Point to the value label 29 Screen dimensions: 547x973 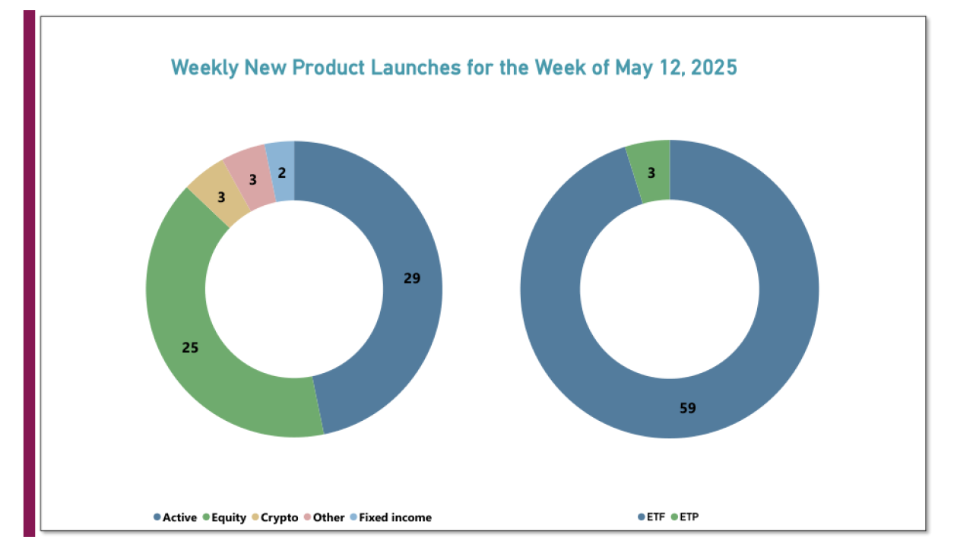click(412, 279)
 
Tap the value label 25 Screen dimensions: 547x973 click(190, 348)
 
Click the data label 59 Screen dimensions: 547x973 click(687, 408)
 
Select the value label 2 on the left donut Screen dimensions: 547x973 click(282, 173)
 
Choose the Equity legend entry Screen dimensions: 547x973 click(224, 517)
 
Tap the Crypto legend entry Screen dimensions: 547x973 click(275, 517)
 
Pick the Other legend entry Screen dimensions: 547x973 click(325, 517)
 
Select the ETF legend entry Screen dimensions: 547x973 click(651, 517)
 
